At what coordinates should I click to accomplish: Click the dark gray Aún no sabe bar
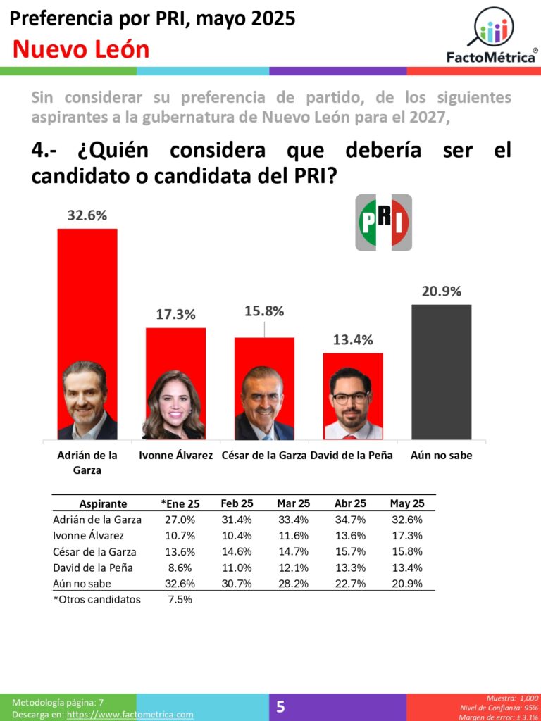tap(441, 372)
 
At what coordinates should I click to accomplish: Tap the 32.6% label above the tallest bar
tap(87, 215)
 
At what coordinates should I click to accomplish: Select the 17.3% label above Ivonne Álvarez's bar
tap(175, 315)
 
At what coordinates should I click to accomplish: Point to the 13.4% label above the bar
tap(352, 340)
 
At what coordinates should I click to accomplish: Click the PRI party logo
tap(383, 222)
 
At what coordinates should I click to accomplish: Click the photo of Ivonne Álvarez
tap(174, 406)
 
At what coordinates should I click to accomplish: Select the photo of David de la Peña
tap(352, 403)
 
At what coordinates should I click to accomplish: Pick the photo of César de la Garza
tap(263, 403)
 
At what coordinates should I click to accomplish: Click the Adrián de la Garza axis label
tap(87, 463)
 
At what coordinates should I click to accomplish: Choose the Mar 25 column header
tap(294, 503)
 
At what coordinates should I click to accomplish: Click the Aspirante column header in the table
tap(103, 503)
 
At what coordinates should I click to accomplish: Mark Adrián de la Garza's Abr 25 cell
tap(350, 520)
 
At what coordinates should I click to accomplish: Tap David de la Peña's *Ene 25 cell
tap(180, 568)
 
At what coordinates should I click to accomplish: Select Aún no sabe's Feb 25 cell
tap(237, 584)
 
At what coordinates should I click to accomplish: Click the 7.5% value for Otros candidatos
tap(180, 600)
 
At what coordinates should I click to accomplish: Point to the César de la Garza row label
tap(94, 552)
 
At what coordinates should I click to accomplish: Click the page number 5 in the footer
tap(280, 707)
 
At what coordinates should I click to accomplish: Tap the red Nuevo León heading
tap(81, 50)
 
